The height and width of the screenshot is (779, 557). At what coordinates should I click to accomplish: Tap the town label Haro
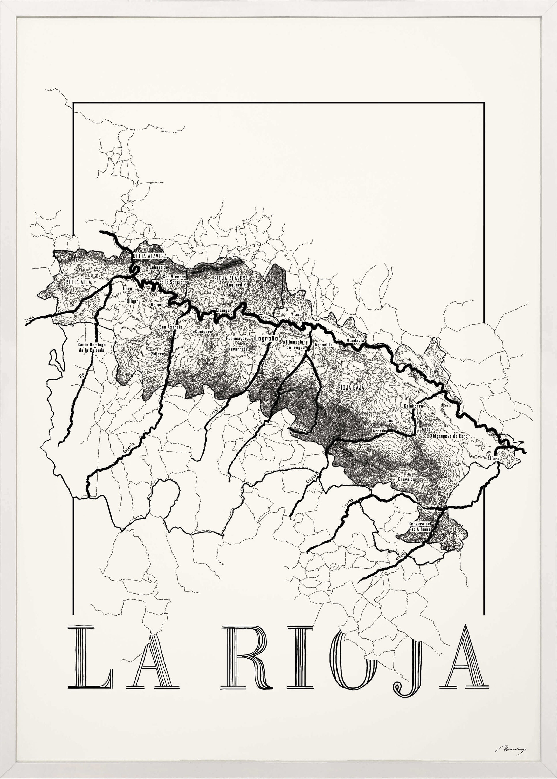[127, 288]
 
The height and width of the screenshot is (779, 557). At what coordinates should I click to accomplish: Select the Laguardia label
[236, 285]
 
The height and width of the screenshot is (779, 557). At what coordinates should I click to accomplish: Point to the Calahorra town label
[413, 406]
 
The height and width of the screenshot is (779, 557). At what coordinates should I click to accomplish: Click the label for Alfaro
[493, 458]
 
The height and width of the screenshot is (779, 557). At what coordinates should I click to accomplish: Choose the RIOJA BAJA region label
[351, 387]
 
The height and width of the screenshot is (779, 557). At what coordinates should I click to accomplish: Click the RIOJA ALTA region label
[79, 282]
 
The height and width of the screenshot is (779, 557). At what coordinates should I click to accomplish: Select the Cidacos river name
[312, 478]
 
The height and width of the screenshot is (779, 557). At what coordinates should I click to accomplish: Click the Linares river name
[347, 503]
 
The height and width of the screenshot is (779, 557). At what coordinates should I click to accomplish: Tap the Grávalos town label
[407, 479]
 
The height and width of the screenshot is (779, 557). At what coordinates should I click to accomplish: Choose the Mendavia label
[355, 341]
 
